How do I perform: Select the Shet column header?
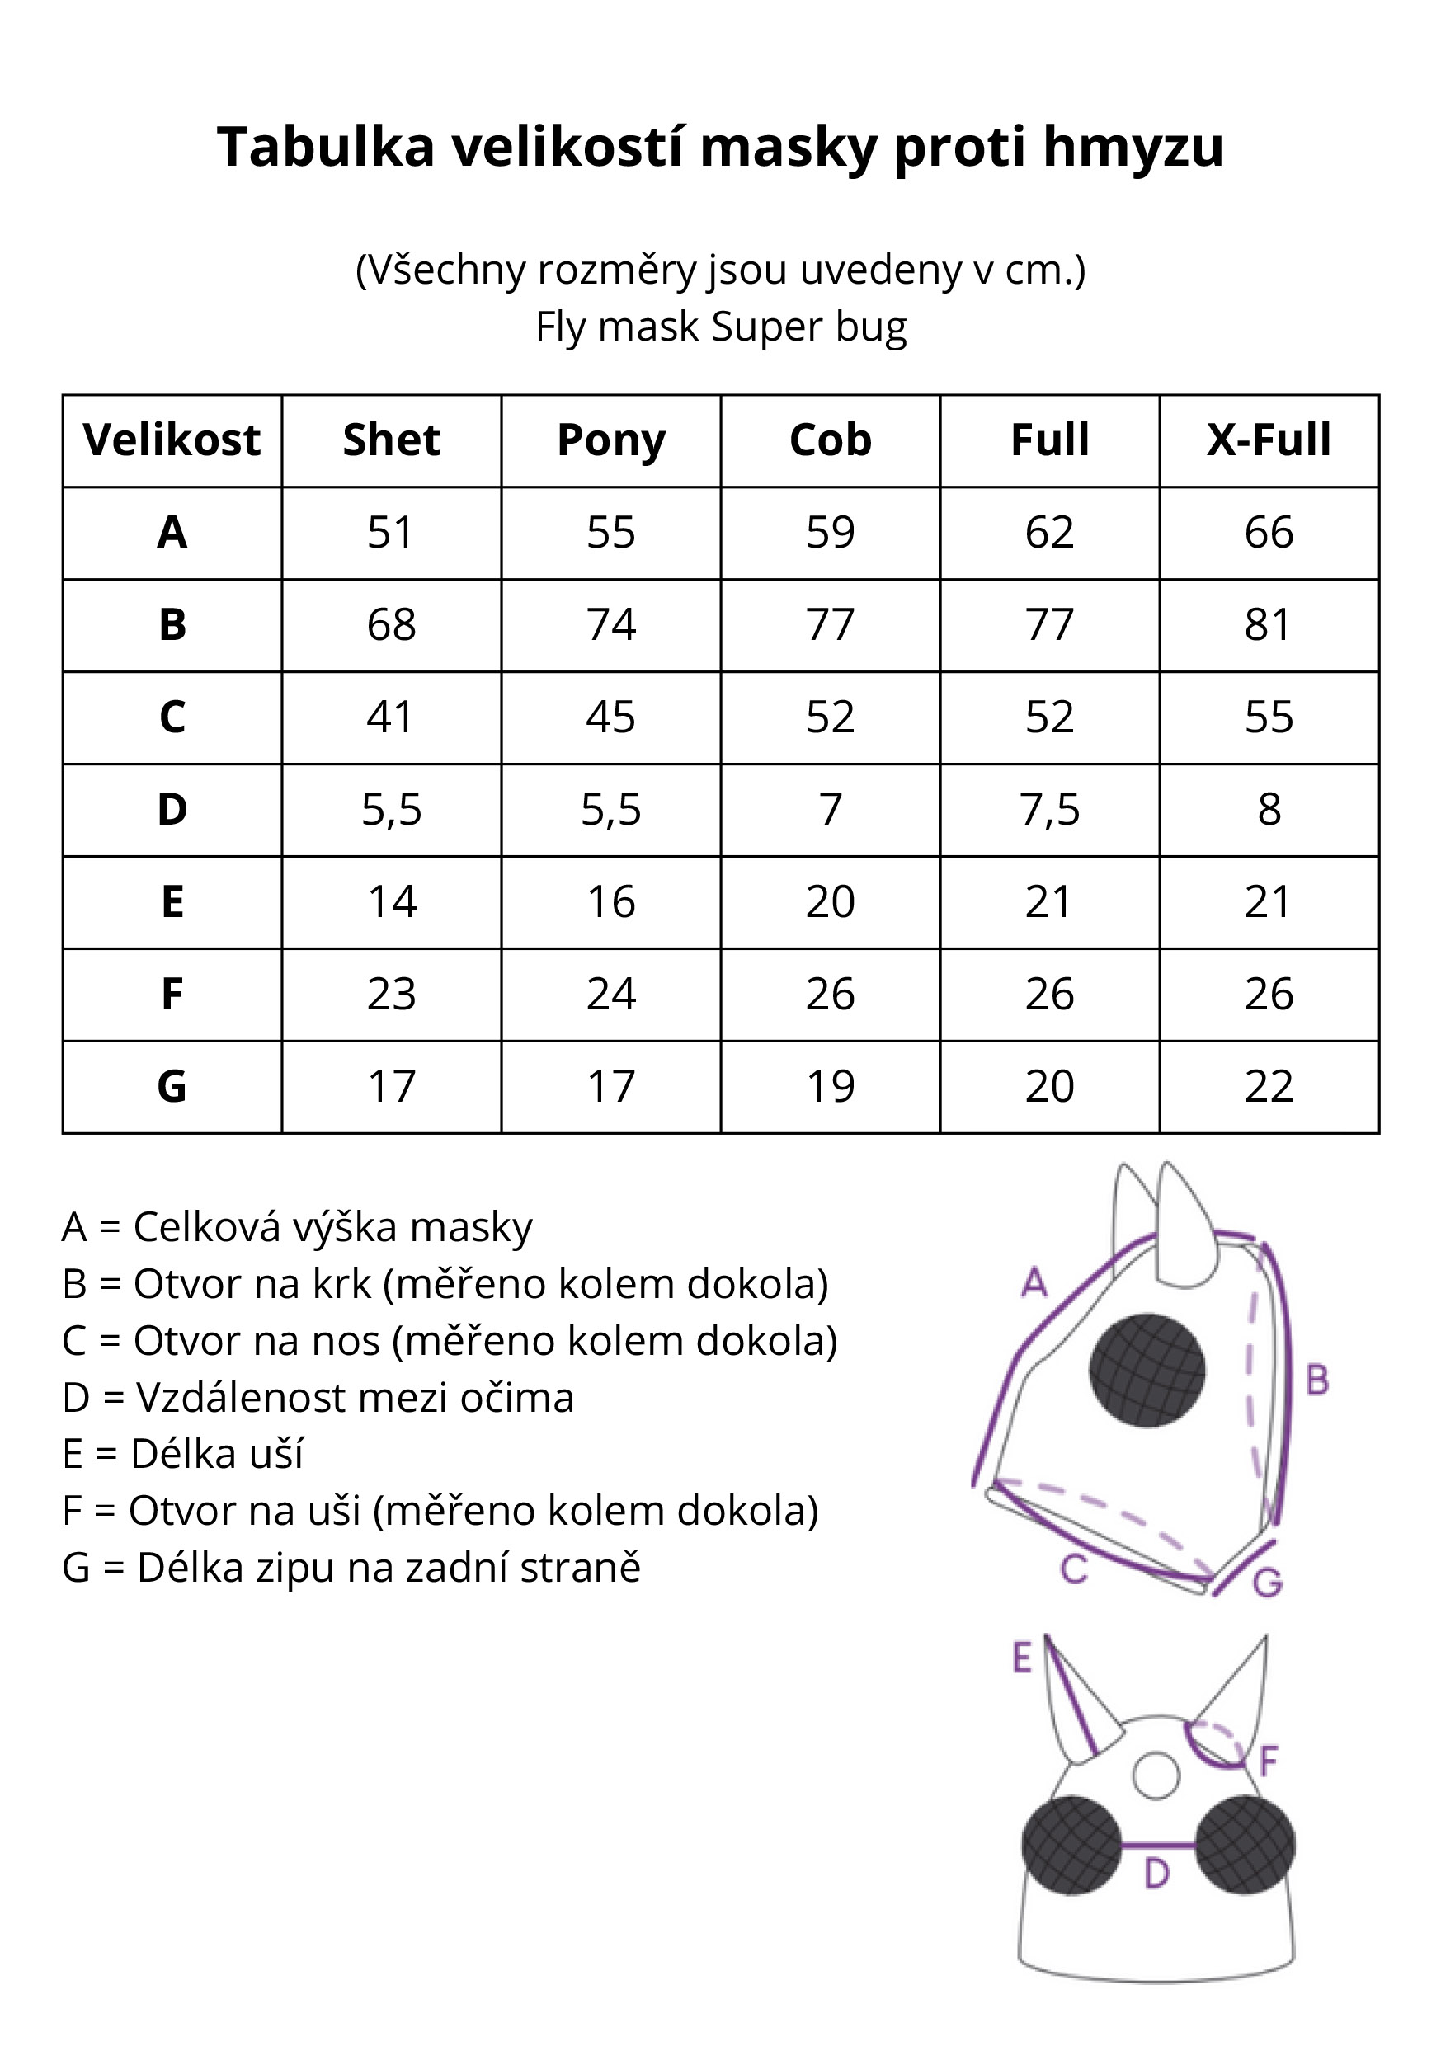click(x=391, y=440)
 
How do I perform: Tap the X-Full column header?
click(x=1268, y=440)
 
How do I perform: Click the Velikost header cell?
click(x=172, y=440)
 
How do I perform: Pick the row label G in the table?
click(x=172, y=1086)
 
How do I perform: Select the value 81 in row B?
click(x=1268, y=624)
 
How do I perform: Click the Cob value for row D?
click(x=830, y=809)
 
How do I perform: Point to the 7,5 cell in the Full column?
click(x=1049, y=809)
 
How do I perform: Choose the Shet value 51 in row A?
click(x=391, y=533)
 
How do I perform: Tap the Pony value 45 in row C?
click(x=610, y=717)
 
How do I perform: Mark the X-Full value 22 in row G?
click(x=1268, y=1086)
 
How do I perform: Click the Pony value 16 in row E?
click(x=610, y=902)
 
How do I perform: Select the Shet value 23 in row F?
click(x=391, y=995)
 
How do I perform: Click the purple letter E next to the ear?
click(x=1022, y=1658)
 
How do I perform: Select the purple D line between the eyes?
click(x=1156, y=1843)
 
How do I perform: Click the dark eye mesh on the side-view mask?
click(x=1147, y=1371)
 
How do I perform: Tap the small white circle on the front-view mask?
click(x=1156, y=1776)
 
